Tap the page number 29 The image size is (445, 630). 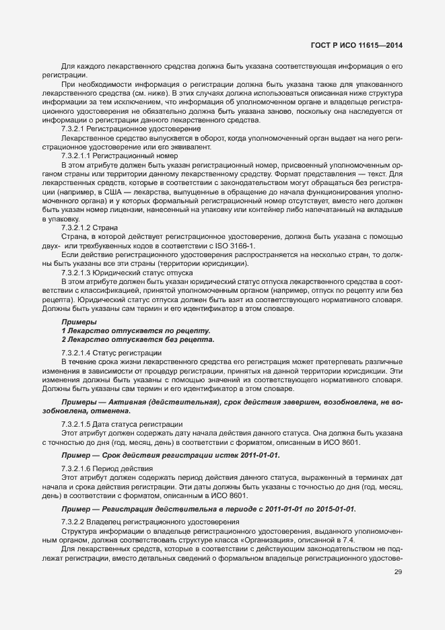397,572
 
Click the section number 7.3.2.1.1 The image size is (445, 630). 80,154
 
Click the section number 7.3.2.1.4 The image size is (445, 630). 80,353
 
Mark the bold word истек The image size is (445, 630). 223,455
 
